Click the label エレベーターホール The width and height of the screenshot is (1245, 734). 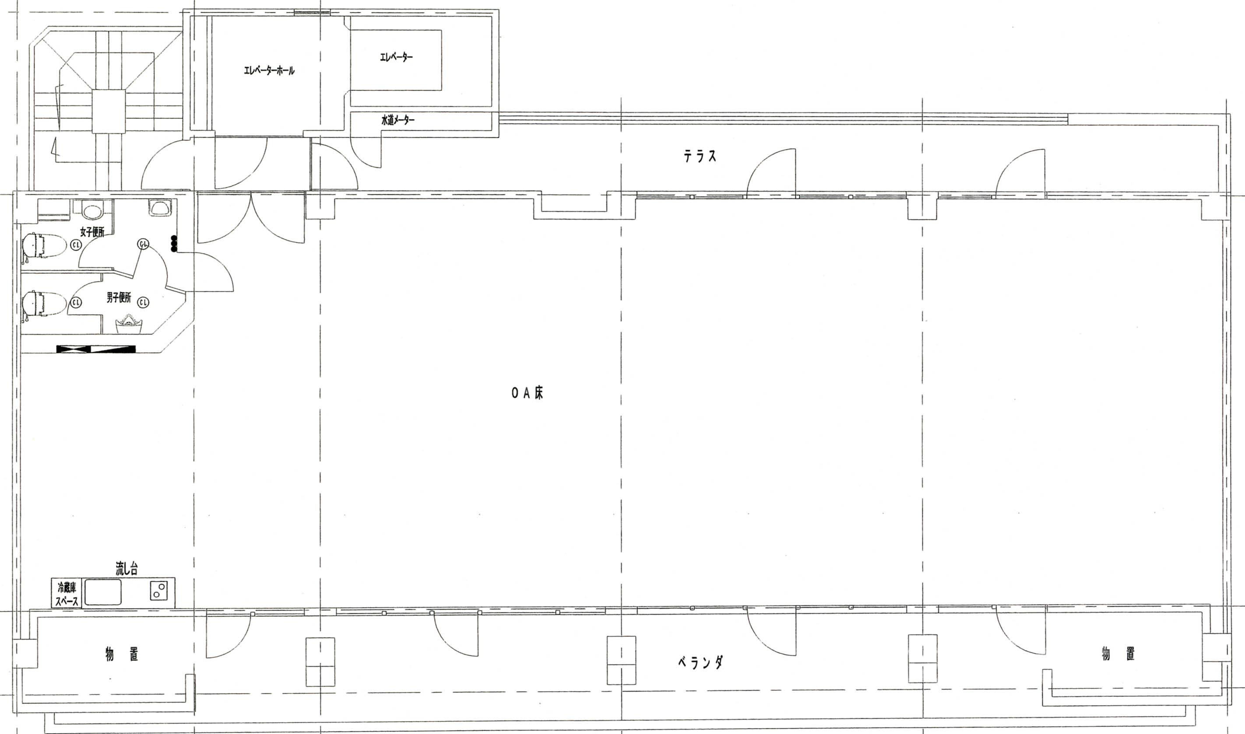[x=269, y=71]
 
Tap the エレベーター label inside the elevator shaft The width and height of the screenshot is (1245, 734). [x=396, y=58]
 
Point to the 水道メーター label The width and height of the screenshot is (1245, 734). [x=398, y=120]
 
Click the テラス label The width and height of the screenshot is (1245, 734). [x=700, y=157]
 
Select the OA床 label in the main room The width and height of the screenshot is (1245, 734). [x=528, y=393]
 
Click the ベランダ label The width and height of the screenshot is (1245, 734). [x=700, y=662]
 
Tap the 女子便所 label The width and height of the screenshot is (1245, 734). [x=92, y=231]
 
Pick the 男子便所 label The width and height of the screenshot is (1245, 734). [x=119, y=298]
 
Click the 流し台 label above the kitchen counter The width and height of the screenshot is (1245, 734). [x=126, y=569]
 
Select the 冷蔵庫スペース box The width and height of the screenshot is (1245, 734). [x=67, y=593]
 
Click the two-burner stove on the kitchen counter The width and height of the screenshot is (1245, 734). [x=159, y=591]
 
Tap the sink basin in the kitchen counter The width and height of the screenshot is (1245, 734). [x=103, y=592]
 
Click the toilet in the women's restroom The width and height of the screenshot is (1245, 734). [x=44, y=246]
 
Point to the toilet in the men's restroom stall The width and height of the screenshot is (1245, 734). [x=44, y=303]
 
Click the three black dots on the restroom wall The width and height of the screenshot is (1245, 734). [x=174, y=244]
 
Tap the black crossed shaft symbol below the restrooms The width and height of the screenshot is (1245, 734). [x=96, y=349]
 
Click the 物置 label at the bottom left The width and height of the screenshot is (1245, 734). [x=122, y=654]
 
